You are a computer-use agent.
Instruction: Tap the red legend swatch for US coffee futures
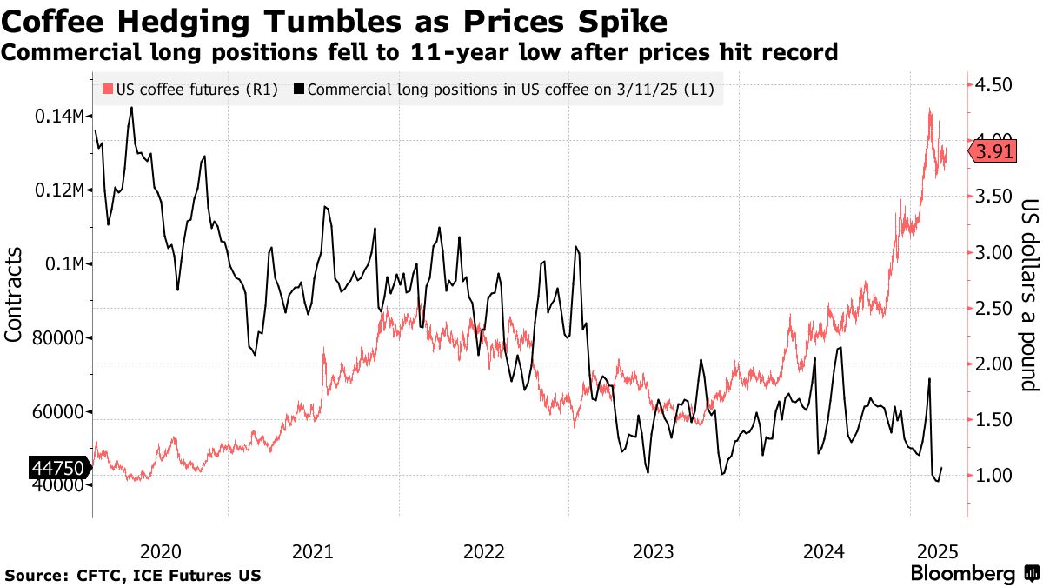point(108,89)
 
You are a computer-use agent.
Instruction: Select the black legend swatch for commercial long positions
point(299,89)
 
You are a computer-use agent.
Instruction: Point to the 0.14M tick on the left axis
point(59,117)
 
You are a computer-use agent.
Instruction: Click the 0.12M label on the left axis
point(59,190)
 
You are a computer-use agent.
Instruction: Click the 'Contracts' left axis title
point(15,294)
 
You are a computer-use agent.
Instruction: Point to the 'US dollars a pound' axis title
point(1030,294)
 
